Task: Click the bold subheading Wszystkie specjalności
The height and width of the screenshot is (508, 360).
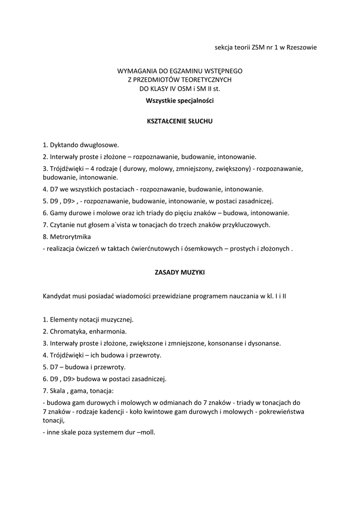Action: pyautogui.click(x=179, y=101)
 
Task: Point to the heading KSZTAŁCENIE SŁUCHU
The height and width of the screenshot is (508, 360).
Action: pyautogui.click(x=179, y=121)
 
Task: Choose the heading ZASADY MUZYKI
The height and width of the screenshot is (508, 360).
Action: pyautogui.click(x=179, y=272)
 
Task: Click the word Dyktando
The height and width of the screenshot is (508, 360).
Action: pyautogui.click(x=62, y=145)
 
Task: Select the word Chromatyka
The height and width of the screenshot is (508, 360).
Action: pyautogui.click(x=68, y=331)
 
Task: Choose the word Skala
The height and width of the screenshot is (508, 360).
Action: pyautogui.click(x=58, y=390)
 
